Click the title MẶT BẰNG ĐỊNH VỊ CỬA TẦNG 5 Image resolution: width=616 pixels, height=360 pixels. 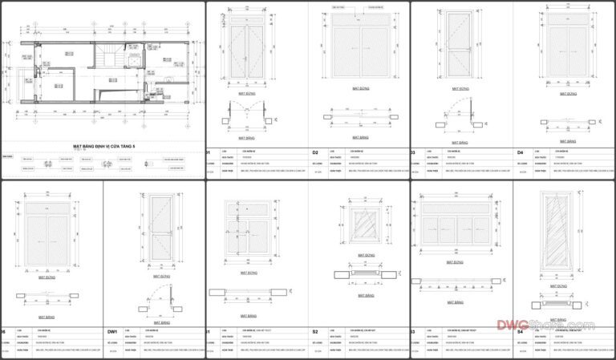tap(105, 147)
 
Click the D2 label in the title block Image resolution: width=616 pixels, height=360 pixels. tap(315, 152)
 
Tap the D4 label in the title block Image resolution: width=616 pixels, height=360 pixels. tap(520, 152)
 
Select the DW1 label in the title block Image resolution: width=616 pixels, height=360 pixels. tap(111, 330)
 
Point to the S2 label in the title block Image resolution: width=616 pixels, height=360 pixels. tap(315, 330)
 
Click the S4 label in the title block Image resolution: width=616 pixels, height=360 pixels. tap(520, 330)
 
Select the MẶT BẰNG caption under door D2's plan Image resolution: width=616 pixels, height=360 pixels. tap(360, 131)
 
